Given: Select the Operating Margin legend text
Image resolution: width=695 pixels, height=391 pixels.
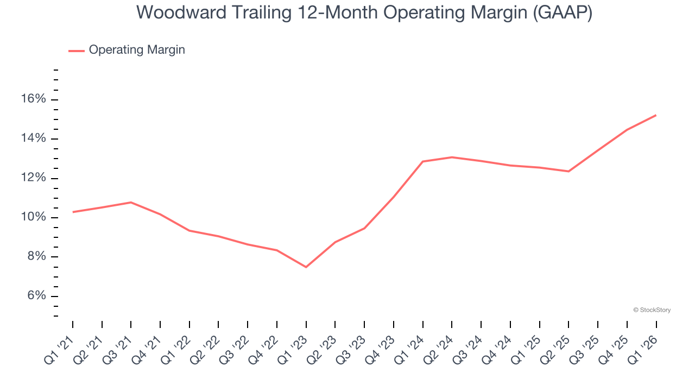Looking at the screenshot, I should pos(137,50).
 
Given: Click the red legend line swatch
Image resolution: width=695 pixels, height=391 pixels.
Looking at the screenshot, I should pos(77,51).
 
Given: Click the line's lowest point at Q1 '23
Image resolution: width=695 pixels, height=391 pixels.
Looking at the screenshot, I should pos(306,267).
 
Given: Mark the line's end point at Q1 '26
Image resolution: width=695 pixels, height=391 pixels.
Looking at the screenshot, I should pos(656,115).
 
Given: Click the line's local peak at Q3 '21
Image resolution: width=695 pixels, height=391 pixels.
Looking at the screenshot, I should pos(131,203).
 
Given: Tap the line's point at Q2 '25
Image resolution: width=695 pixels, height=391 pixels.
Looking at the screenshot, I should pos(568,172).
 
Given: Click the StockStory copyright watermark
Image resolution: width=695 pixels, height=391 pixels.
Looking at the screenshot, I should pos(652,310).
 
